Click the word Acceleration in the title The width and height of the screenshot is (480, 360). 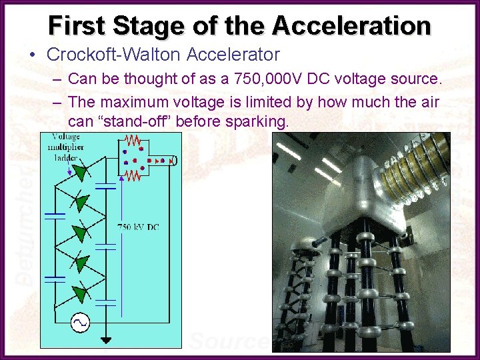point(351,25)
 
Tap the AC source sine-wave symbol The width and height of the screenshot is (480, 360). point(79,323)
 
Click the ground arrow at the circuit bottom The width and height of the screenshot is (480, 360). point(105,341)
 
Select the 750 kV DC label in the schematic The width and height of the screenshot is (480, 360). point(138,227)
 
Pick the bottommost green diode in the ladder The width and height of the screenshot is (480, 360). point(79,293)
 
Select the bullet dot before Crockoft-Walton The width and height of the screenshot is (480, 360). point(33,55)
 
